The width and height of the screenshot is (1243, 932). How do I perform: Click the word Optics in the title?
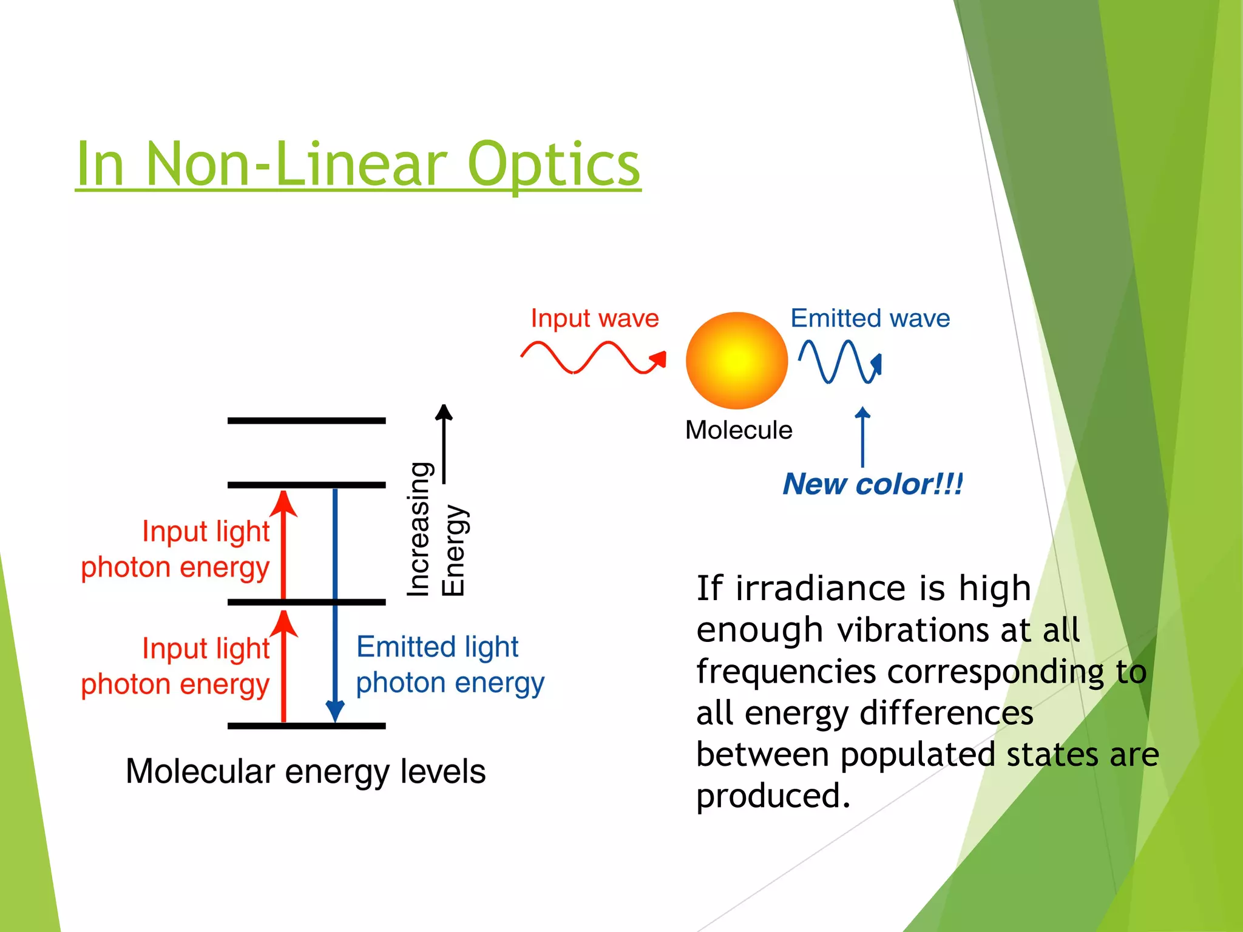tap(553, 164)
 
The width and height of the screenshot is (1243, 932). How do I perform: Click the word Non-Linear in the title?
tap(296, 164)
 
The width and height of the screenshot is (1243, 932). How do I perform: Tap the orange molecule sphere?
tap(736, 360)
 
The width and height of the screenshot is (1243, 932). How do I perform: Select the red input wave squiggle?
tap(592, 358)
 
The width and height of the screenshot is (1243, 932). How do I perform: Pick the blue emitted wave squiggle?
tap(838, 362)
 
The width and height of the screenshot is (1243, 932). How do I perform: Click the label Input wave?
tap(594, 318)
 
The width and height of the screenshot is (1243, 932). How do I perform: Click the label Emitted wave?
tap(870, 318)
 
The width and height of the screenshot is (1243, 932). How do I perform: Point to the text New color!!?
tap(872, 484)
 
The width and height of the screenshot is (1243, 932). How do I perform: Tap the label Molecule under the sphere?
tap(738, 430)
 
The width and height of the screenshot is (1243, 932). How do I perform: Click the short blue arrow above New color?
tap(862, 437)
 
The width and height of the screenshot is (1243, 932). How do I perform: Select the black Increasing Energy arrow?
tap(444, 443)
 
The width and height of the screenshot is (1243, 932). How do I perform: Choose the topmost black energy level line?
tap(307, 420)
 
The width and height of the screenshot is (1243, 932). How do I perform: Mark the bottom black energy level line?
tap(307, 726)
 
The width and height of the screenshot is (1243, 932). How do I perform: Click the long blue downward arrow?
tap(335, 607)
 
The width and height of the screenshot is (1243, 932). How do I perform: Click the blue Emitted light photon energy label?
tap(449, 665)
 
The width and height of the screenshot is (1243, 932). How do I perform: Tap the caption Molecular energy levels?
tap(305, 771)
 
